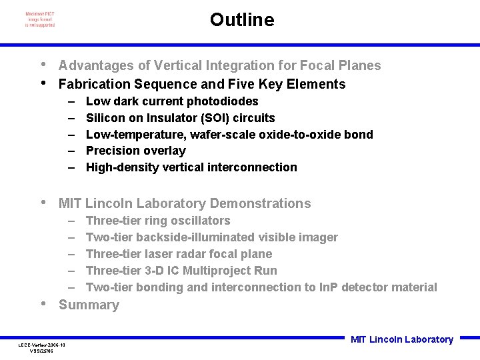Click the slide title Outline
(x=241, y=20)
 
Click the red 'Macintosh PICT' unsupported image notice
(x=40, y=19)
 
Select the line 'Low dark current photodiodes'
(x=172, y=101)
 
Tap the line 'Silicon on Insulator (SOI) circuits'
(x=180, y=118)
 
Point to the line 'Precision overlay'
(x=135, y=151)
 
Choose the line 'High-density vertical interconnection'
(x=191, y=167)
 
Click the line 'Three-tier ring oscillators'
(x=158, y=221)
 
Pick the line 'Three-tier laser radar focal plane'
(x=179, y=254)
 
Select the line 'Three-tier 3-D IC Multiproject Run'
(x=181, y=271)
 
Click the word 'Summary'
(x=89, y=305)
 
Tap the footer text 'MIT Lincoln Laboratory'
(x=401, y=339)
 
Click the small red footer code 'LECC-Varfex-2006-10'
(x=41, y=345)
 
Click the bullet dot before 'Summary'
(x=43, y=304)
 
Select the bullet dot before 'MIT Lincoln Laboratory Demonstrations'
(x=43, y=203)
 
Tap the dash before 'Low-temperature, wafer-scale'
(x=71, y=135)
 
